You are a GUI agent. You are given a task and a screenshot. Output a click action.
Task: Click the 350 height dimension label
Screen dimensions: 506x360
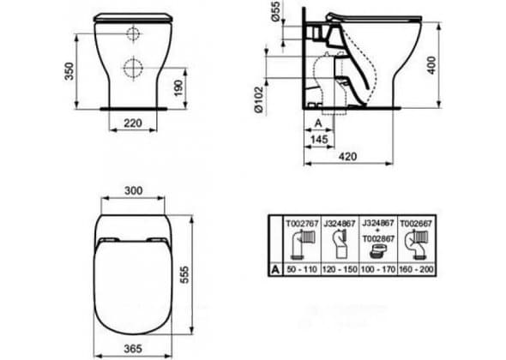point(69,71)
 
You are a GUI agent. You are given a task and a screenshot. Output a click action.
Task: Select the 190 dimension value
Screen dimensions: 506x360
point(178,87)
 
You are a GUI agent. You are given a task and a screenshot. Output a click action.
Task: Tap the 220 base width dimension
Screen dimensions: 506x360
point(133,123)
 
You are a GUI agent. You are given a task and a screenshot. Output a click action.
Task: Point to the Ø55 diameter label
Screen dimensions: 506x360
point(275,11)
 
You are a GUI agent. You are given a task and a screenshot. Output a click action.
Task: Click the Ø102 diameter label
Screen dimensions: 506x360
point(259,99)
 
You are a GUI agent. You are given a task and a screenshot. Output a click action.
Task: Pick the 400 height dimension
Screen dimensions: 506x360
point(431,65)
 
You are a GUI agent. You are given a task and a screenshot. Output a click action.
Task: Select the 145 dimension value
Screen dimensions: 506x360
point(319,140)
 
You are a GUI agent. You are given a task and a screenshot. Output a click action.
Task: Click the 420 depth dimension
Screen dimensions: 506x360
point(348,157)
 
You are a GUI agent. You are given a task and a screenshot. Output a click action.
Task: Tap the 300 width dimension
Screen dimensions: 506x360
point(134,190)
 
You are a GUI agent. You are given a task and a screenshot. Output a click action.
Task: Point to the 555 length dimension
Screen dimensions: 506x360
point(184,274)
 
